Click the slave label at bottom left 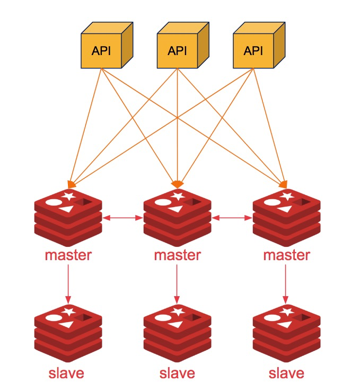[66, 372]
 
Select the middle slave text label [178, 372]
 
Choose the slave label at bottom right [287, 372]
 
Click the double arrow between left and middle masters [123, 217]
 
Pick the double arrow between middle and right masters [232, 217]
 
